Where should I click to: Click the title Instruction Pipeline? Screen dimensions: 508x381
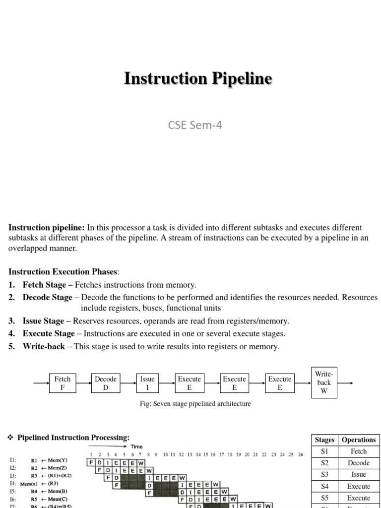[x=198, y=78]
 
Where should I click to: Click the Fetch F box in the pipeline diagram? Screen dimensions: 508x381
[x=63, y=383]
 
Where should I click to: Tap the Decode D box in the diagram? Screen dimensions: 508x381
[x=106, y=383]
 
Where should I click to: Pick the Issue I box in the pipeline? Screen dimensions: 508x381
[x=147, y=383]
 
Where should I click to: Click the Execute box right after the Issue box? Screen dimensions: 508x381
[x=190, y=383]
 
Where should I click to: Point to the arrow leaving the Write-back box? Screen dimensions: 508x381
[x=345, y=383]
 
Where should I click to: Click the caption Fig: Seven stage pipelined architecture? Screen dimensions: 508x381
[x=195, y=404]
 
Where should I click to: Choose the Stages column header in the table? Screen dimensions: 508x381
[x=325, y=440]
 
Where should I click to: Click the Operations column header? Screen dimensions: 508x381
[x=359, y=440]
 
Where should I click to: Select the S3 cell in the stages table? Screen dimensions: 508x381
[x=325, y=474]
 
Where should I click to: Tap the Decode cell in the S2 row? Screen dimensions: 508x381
[x=359, y=463]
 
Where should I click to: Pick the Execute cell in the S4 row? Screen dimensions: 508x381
[x=359, y=486]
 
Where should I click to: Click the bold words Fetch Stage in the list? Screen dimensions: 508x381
[x=44, y=285]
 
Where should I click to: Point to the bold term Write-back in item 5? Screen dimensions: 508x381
[x=44, y=347]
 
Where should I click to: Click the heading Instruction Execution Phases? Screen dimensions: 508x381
[x=64, y=271]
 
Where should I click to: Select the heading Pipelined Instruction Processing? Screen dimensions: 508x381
[x=73, y=438]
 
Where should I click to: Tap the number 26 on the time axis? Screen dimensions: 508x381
[x=300, y=454]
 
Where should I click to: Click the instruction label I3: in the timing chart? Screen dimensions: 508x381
[x=12, y=475]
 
